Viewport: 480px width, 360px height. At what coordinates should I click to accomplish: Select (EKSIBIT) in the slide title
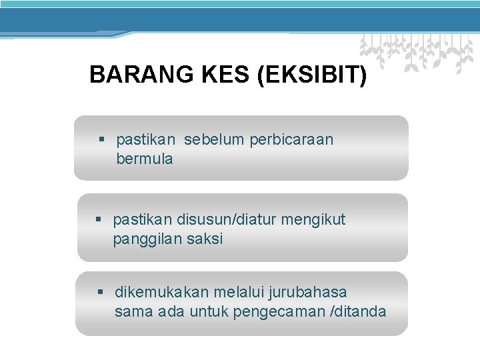tap(311, 75)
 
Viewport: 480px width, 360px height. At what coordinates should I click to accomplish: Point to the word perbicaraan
tap(291, 140)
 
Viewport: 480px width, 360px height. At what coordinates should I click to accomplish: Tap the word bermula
tap(145, 159)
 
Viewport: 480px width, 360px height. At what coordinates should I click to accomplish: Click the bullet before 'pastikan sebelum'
tap(102, 140)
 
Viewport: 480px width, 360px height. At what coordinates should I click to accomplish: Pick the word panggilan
tap(143, 239)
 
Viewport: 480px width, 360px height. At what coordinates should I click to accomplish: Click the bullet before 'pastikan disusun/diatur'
tap(99, 219)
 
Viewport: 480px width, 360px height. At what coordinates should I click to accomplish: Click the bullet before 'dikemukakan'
tap(101, 292)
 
